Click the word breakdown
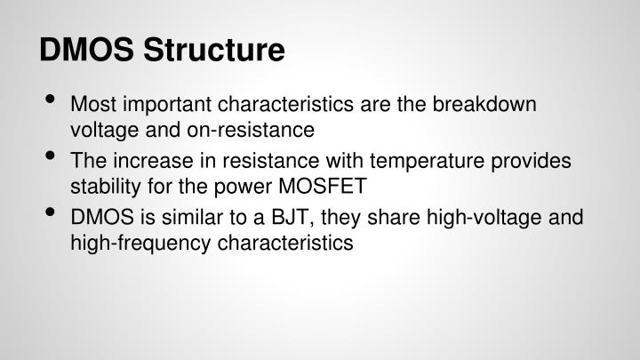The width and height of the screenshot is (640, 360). (486, 105)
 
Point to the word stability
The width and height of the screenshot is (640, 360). (103, 188)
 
